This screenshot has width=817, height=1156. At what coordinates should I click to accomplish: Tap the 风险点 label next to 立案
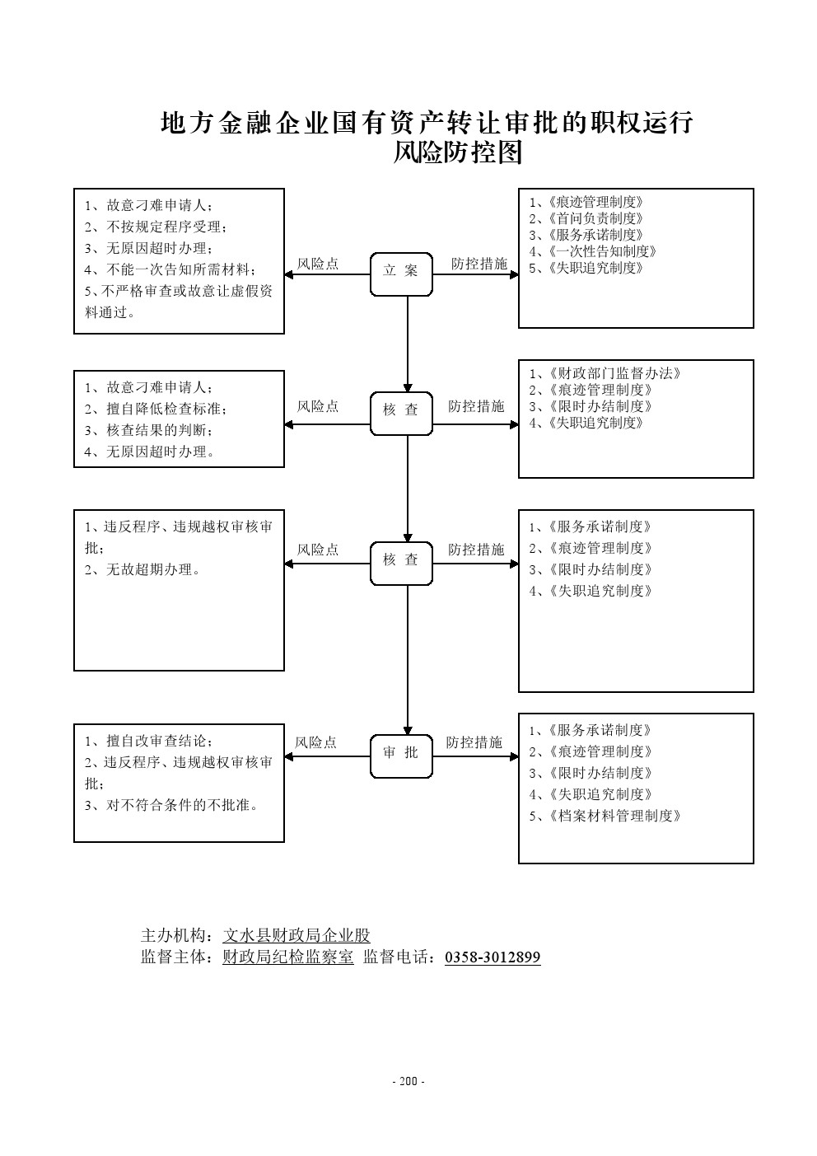tap(318, 264)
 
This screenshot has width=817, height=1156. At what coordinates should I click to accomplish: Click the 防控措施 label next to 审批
tap(474, 742)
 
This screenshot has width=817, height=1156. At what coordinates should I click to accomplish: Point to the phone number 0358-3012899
tap(493, 957)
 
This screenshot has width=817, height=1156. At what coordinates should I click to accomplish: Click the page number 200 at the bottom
tap(408, 1081)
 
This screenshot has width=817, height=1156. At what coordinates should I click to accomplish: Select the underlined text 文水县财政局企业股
tap(296, 935)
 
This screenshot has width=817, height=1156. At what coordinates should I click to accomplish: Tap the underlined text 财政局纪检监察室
tap(287, 957)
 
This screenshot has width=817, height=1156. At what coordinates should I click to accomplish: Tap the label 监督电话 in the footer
tap(399, 957)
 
